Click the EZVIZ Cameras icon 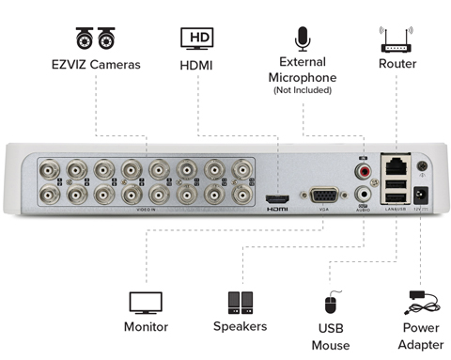(95, 39)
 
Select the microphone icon (302, 39)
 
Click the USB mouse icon (330, 305)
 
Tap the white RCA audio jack (363, 195)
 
